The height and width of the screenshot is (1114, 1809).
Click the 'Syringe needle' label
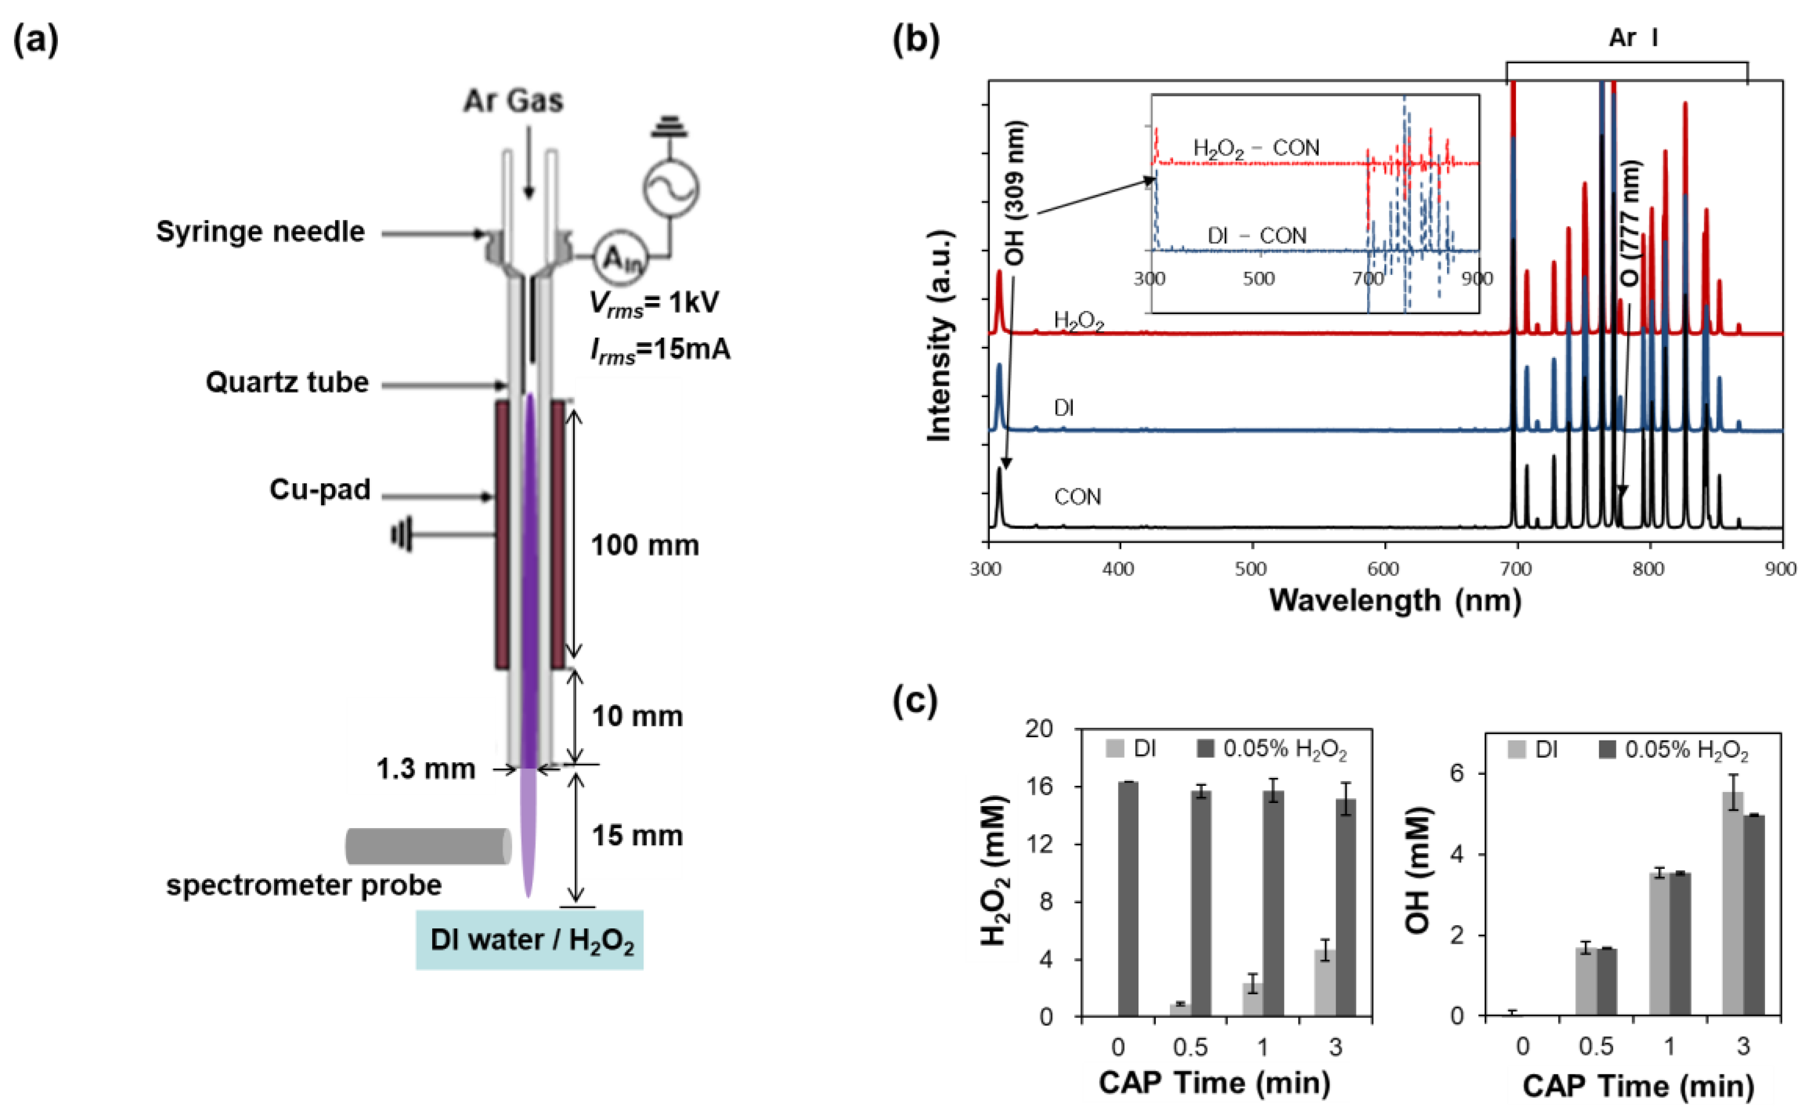(260, 232)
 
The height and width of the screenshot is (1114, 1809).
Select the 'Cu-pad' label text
(320, 490)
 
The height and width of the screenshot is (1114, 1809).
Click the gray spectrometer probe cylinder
(428, 846)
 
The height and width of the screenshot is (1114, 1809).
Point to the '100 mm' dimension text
(645, 546)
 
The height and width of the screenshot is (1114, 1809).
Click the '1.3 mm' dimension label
(425, 769)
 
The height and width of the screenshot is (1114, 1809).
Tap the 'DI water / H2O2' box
(529, 940)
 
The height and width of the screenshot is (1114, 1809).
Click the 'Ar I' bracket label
(1633, 38)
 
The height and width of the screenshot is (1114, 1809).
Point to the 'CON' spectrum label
(1077, 497)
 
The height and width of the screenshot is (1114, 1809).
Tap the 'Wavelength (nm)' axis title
(1395, 601)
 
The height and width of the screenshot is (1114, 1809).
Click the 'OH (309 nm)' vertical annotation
(1015, 193)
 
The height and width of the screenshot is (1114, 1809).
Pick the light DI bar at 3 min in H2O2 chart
(1325, 984)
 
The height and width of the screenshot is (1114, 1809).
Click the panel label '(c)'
(914, 701)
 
